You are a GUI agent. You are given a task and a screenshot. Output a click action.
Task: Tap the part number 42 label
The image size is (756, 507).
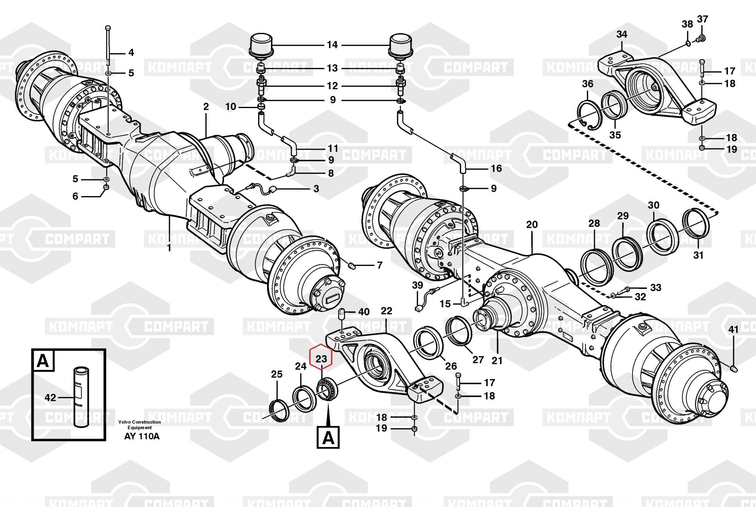click(x=50, y=397)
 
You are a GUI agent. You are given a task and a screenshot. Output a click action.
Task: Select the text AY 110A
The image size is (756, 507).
click(x=142, y=437)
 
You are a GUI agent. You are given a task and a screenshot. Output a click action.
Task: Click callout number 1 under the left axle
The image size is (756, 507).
click(x=169, y=248)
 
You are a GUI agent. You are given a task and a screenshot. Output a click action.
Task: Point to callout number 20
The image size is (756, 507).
click(x=532, y=225)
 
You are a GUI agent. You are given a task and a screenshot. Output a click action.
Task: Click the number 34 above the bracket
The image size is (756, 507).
click(x=622, y=34)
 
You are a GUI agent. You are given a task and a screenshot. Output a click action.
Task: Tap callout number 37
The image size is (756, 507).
click(x=702, y=19)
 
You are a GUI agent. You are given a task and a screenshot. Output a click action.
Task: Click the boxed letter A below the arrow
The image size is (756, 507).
click(x=328, y=437)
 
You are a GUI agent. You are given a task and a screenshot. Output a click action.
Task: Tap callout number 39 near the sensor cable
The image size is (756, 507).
click(x=418, y=285)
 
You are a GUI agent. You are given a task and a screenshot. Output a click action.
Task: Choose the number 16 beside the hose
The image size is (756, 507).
click(x=496, y=168)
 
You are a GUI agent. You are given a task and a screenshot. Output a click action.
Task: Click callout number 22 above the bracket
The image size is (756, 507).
click(x=386, y=311)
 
